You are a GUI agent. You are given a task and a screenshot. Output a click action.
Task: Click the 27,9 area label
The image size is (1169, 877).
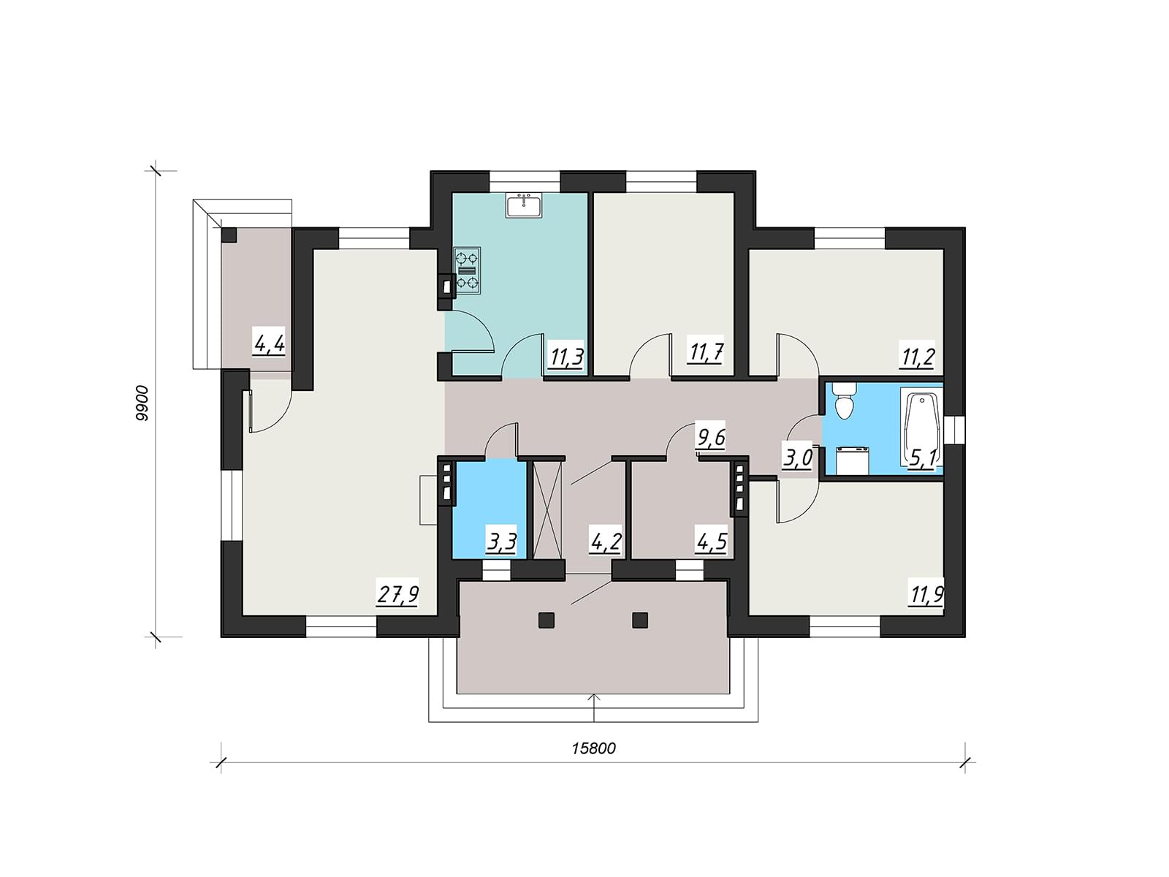(x=397, y=595)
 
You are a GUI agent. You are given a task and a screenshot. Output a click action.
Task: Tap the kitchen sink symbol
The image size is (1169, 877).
(x=524, y=205)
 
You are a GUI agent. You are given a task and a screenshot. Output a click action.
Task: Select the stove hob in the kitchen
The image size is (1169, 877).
(x=467, y=270)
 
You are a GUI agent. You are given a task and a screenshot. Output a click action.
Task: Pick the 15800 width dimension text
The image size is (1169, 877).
(x=593, y=748)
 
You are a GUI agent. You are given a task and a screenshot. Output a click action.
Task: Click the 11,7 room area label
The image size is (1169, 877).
(x=704, y=354)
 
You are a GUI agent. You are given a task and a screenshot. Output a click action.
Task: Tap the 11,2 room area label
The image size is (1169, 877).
(x=918, y=357)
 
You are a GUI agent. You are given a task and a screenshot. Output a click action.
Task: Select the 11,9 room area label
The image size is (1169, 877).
(x=927, y=594)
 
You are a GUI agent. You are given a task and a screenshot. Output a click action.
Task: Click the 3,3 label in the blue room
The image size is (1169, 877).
(x=501, y=544)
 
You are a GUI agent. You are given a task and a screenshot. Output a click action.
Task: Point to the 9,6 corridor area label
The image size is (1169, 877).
(x=712, y=438)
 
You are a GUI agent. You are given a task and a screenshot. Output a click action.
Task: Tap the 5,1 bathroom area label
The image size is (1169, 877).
(x=922, y=459)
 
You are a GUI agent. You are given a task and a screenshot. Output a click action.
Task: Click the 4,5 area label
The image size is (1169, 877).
(x=712, y=544)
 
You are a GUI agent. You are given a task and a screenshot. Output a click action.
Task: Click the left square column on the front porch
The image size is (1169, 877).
(x=547, y=620)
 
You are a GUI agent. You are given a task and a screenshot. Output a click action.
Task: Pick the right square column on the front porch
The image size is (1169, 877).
(x=640, y=620)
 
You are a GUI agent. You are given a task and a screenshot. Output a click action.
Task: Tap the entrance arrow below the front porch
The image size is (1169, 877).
(x=594, y=707)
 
